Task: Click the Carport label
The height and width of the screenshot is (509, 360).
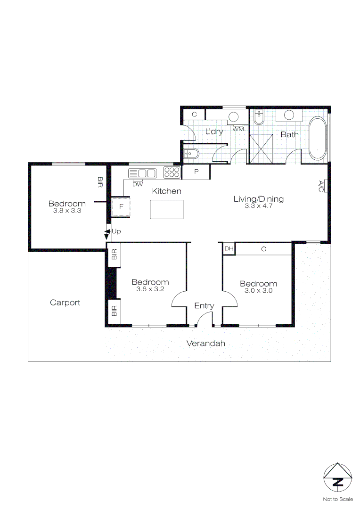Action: click(65, 303)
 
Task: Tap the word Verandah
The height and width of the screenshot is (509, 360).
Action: click(205, 343)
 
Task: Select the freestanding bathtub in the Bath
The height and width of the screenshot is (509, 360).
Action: click(317, 138)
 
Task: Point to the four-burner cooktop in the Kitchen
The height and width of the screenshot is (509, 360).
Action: click(172, 172)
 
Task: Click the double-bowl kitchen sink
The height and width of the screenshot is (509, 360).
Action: click(142, 173)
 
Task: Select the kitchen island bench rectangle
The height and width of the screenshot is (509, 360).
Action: click(166, 209)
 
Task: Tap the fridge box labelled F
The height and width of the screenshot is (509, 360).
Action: click(121, 207)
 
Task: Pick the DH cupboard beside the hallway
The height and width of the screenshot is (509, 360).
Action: click(229, 249)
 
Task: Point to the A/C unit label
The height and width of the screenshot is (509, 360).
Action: click(321, 186)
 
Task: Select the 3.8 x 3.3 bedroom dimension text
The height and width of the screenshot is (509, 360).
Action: click(67, 211)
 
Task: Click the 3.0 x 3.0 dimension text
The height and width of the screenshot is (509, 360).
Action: click(258, 291)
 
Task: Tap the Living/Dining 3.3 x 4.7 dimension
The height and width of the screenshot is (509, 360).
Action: click(259, 206)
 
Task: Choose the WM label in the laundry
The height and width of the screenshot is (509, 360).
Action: click(238, 129)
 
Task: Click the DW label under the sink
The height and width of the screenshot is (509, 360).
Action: click(137, 184)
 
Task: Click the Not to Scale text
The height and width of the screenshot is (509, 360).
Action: click(337, 499)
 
